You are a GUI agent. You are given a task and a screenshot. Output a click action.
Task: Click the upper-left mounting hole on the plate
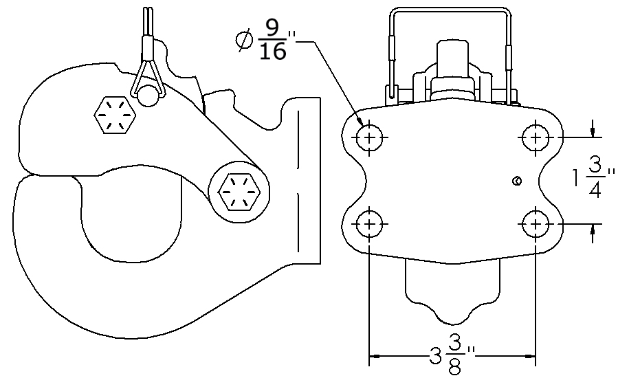pos(370,138)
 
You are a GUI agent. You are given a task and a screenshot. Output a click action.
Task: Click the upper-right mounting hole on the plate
pos(535,138)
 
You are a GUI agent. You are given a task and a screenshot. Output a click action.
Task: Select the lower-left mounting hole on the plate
pos(370,223)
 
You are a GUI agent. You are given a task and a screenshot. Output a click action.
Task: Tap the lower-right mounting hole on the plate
pos(535,223)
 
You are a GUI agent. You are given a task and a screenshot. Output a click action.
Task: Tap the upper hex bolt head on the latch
pos(113,115)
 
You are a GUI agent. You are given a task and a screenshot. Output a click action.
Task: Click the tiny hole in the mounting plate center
pos(517,181)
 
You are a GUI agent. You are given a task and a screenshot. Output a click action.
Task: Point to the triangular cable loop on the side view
pos(147,76)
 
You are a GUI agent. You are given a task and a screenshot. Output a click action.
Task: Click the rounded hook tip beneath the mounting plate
pos(452,302)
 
